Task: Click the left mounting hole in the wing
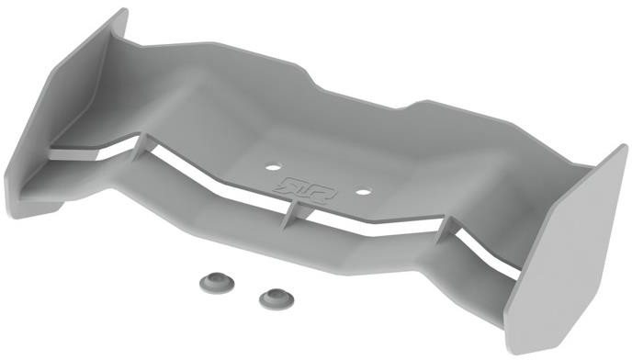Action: [272, 168]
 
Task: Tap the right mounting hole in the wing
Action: [362, 193]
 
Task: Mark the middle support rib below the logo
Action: [288, 210]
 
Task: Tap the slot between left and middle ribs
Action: [211, 179]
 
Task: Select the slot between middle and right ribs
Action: [367, 226]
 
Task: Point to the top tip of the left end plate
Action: [122, 12]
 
